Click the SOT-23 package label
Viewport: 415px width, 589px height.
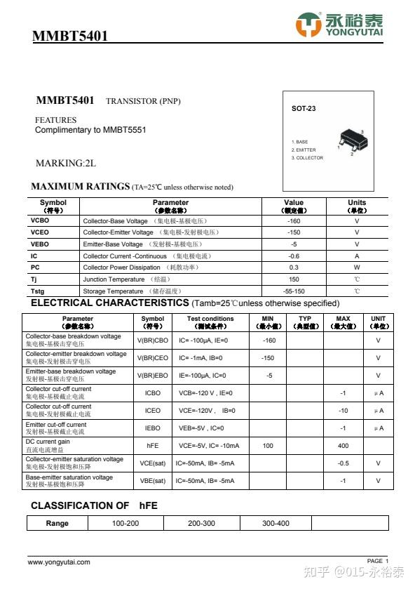pyautogui.click(x=304, y=109)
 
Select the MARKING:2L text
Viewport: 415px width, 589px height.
pyautogui.click(x=65, y=164)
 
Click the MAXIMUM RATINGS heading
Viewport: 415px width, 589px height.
pyautogui.click(x=81, y=187)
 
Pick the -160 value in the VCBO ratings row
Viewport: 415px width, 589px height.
pyautogui.click(x=294, y=220)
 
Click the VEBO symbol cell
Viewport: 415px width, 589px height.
pyautogui.click(x=40, y=244)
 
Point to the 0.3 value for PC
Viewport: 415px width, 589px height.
pyautogui.click(x=294, y=267)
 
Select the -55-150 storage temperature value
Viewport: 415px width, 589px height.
pyautogui.click(x=294, y=291)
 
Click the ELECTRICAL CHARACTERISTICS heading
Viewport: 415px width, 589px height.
pyautogui.click(x=109, y=303)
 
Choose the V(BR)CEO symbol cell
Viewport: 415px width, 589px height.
pyautogui.click(x=152, y=358)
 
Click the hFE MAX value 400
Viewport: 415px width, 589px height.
pyautogui.click(x=343, y=446)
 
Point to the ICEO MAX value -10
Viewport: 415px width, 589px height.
pyautogui.click(x=343, y=411)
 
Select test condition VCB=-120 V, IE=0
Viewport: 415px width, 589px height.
pyautogui.click(x=205, y=393)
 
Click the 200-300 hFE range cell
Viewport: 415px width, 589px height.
pyautogui.click(x=201, y=523)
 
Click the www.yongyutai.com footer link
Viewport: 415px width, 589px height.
pyautogui.click(x=59, y=562)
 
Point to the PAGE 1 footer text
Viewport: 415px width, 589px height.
pyautogui.click(x=377, y=561)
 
